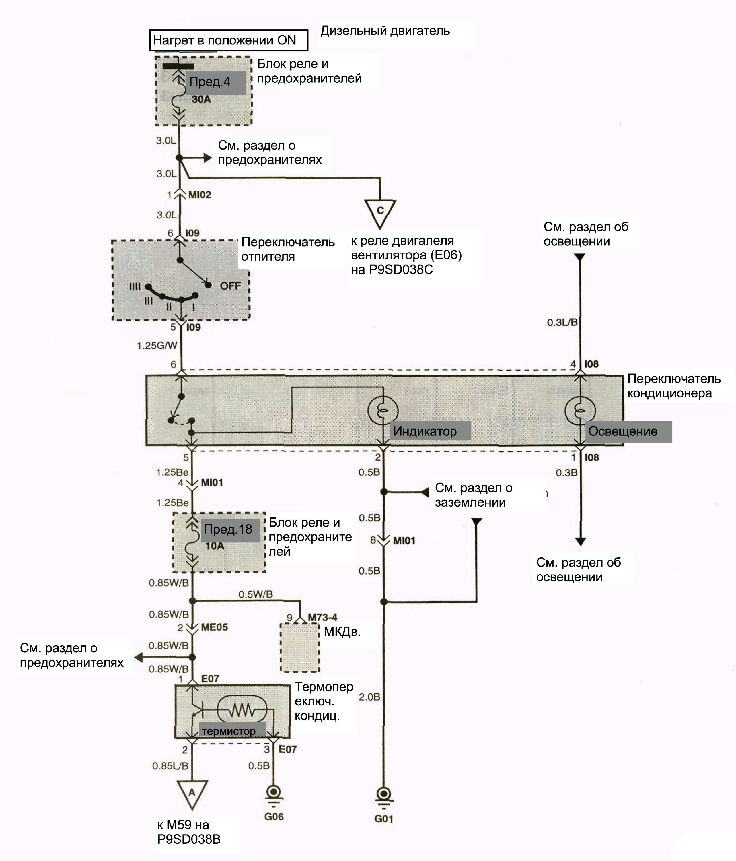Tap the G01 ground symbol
click(x=383, y=797)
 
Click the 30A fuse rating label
click(x=201, y=100)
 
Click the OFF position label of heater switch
click(x=231, y=286)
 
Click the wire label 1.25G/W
click(x=157, y=345)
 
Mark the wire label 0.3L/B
click(x=562, y=323)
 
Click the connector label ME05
click(x=214, y=627)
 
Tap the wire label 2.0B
click(x=369, y=697)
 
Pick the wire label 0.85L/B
click(x=170, y=766)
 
